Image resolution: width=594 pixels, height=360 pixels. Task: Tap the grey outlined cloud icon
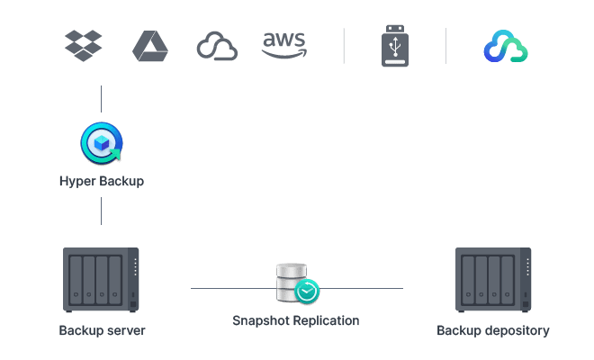[x=217, y=47]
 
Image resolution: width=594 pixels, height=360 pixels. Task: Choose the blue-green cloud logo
[x=505, y=47]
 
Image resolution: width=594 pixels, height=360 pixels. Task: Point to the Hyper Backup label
[x=102, y=181]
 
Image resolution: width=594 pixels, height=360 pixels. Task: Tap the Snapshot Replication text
[x=296, y=320]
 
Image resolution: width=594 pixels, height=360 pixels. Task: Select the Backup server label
[x=102, y=330]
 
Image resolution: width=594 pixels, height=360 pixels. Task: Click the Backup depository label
[x=493, y=330]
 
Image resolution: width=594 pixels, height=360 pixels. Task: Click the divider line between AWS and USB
[x=344, y=46]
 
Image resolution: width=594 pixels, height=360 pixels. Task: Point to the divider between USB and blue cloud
[x=446, y=46]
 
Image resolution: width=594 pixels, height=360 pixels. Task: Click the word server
[x=126, y=330]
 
